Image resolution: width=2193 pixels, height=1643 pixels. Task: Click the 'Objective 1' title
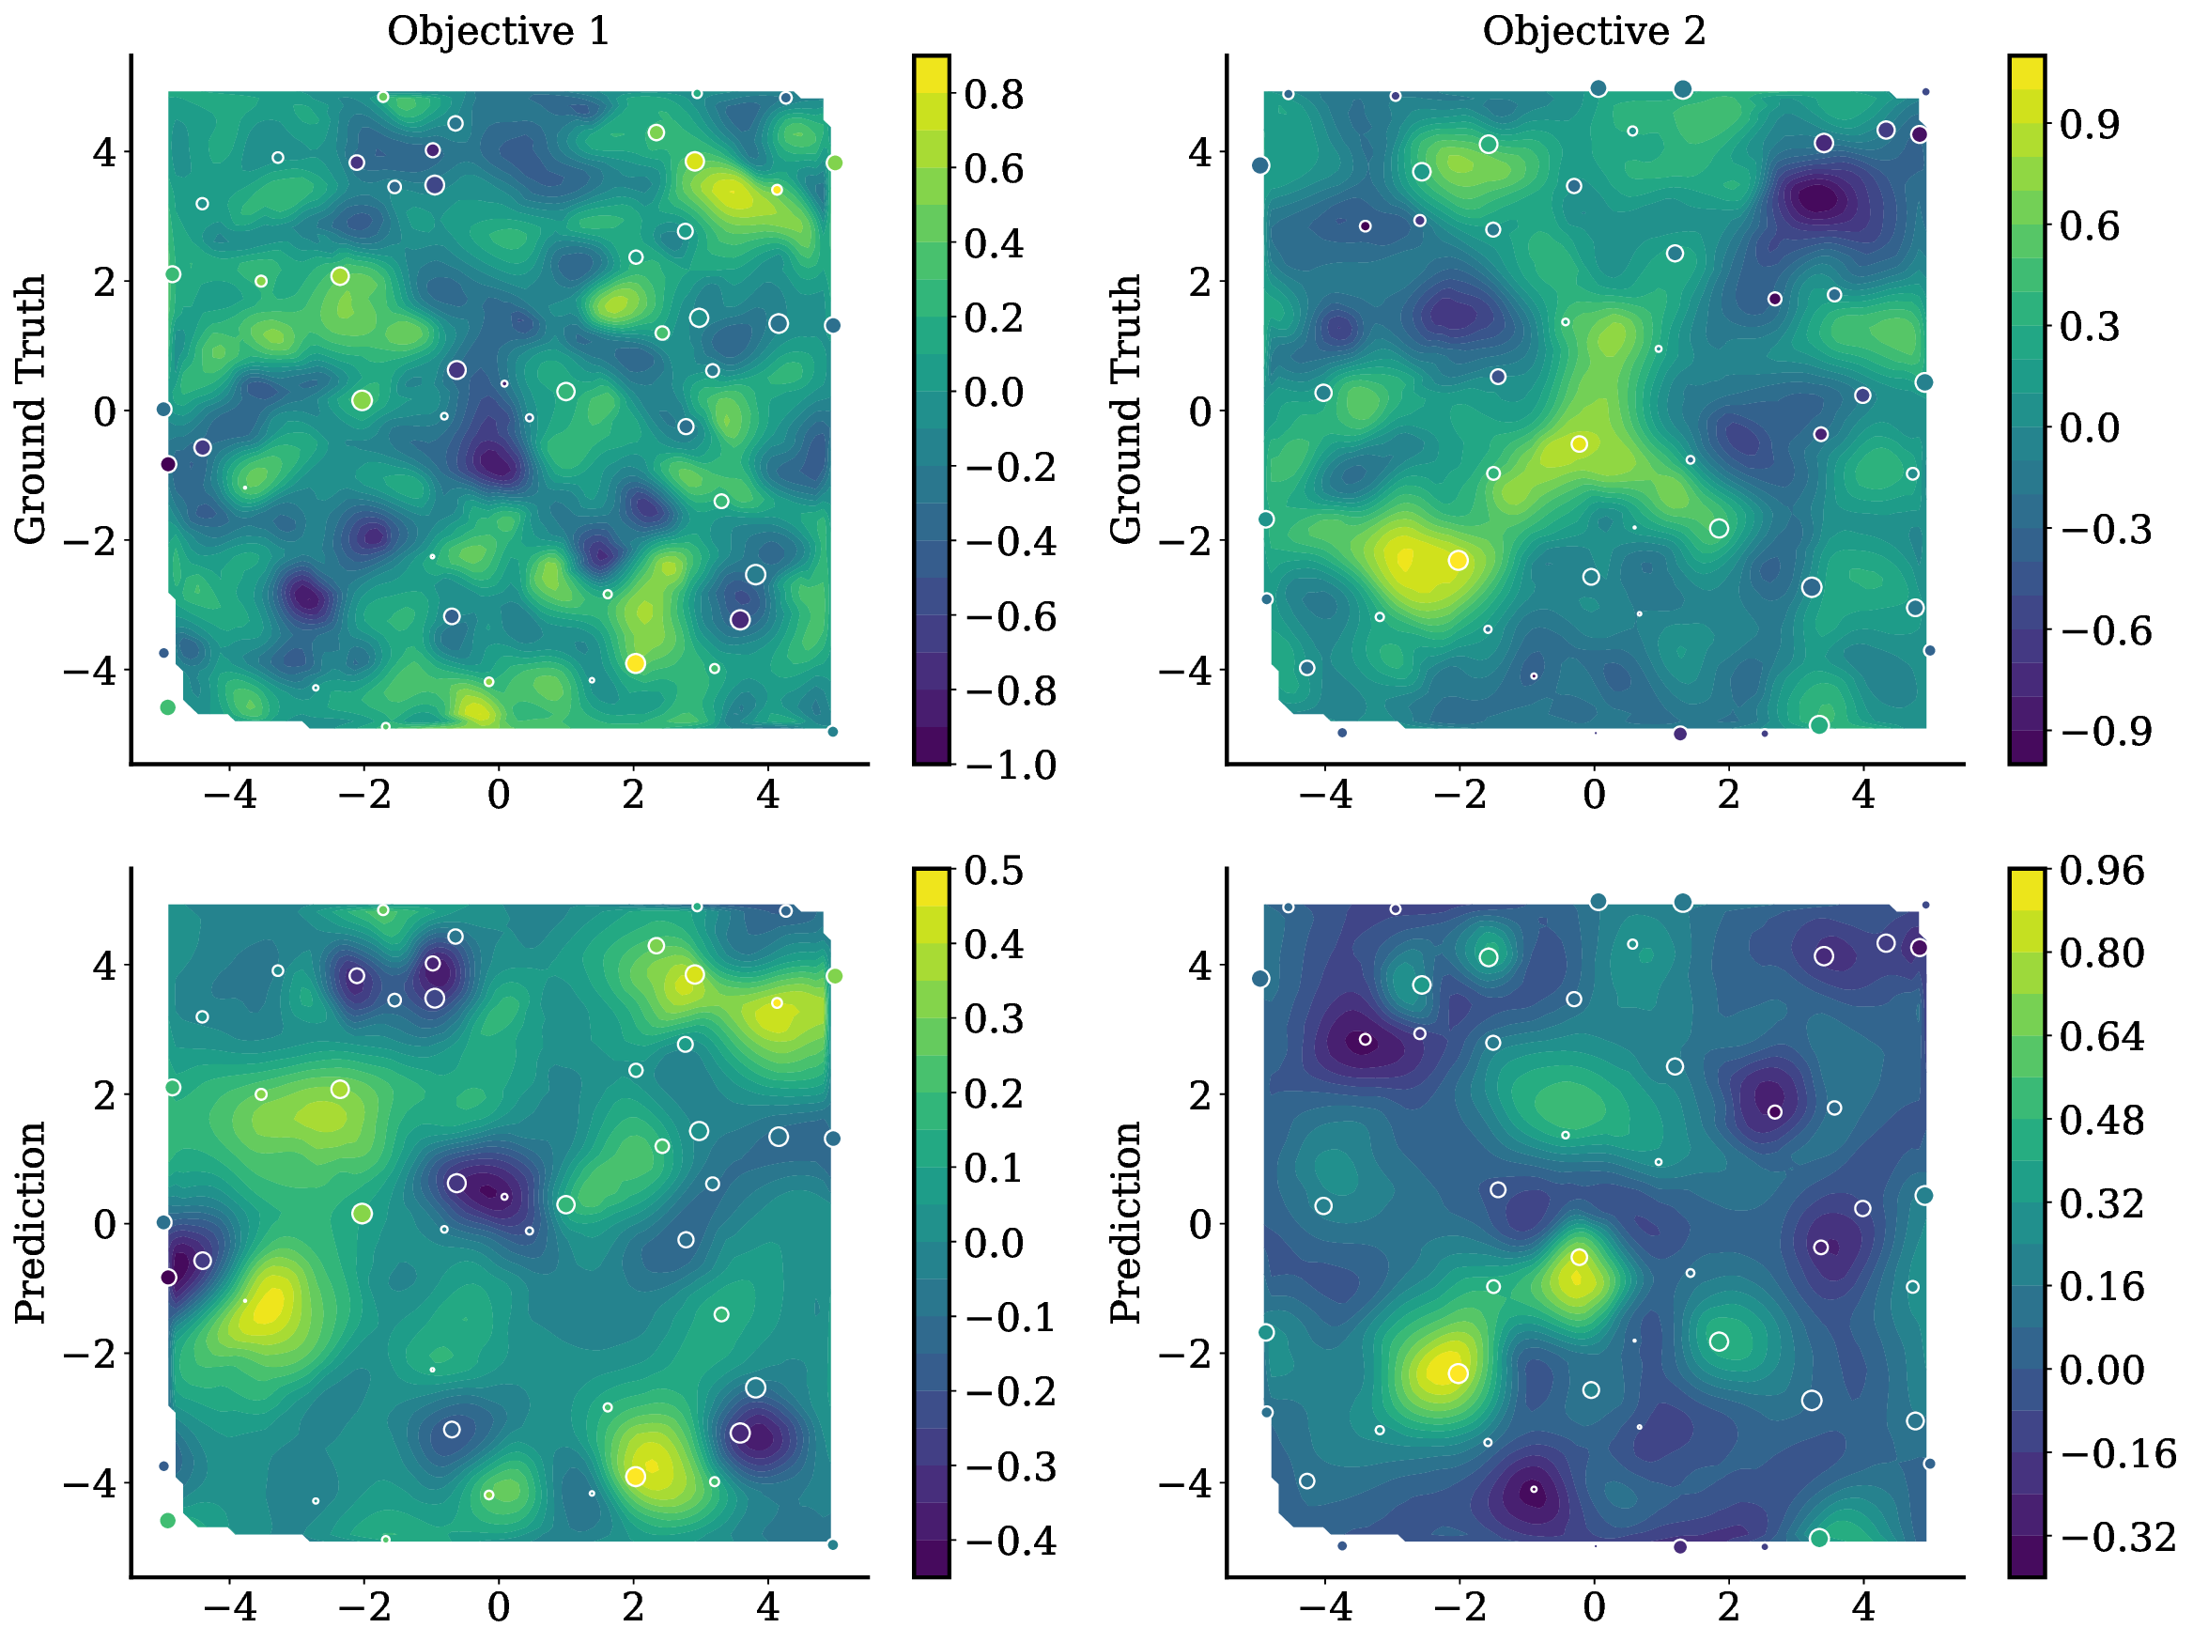point(498,32)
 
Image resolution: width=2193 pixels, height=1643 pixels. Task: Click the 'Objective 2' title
point(1593,32)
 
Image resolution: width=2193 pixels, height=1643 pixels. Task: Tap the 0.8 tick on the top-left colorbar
point(994,95)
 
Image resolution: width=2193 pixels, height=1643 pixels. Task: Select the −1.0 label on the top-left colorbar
point(1011,766)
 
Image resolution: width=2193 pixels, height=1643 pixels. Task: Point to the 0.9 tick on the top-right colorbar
point(2089,125)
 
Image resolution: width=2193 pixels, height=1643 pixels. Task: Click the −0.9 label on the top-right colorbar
point(2106,732)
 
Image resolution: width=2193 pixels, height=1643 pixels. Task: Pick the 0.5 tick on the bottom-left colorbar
point(994,871)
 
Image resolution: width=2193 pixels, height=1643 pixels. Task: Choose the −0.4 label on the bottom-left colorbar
point(1011,1542)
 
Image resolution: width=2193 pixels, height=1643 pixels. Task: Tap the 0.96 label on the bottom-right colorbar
point(2102,871)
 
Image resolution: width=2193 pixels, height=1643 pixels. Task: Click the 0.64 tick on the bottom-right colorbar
point(2102,1037)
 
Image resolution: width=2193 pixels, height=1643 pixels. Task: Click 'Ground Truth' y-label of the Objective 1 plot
point(31,410)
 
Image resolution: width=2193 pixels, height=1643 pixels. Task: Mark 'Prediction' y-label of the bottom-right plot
point(1125,1222)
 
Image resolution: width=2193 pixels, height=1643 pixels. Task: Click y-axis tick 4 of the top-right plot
point(1199,153)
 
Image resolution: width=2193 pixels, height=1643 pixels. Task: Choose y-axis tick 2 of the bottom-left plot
point(104,1094)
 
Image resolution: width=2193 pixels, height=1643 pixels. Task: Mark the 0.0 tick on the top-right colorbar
point(2089,428)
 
